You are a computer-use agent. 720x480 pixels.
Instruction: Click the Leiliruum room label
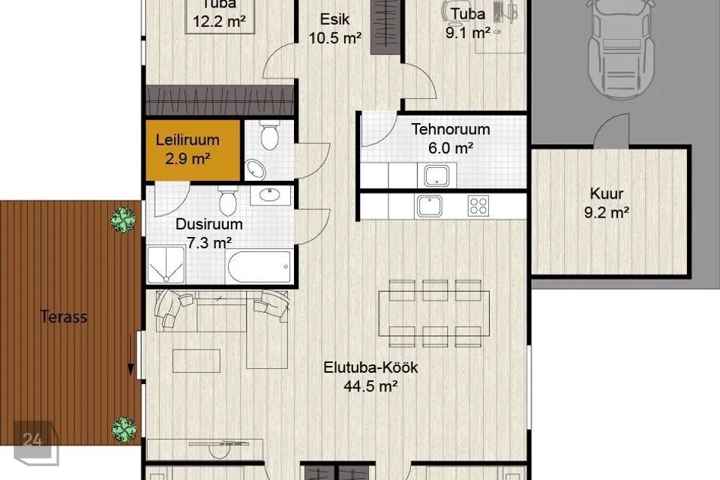187,149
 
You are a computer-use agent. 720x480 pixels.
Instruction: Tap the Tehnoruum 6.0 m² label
451,139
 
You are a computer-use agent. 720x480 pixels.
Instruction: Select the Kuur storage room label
607,203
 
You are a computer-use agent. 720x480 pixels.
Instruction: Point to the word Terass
63,316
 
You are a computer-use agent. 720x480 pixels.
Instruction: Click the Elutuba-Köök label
370,376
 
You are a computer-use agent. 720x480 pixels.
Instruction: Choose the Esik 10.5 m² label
334,28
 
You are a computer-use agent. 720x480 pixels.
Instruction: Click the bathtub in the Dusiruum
259,267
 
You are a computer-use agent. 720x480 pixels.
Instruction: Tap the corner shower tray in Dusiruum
166,265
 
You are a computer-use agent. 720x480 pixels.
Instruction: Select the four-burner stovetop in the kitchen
478,206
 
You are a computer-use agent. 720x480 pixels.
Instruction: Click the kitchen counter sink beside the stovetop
429,206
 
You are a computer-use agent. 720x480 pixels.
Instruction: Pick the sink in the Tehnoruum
436,175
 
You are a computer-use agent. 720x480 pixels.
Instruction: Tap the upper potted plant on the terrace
123,220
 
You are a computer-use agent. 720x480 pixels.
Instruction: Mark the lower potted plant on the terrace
124,430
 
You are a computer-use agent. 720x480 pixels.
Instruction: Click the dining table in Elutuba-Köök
434,313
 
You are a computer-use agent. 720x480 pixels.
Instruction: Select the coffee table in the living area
196,361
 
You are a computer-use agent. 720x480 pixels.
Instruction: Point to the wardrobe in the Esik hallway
385,27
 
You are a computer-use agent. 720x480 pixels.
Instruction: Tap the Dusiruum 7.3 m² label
209,233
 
